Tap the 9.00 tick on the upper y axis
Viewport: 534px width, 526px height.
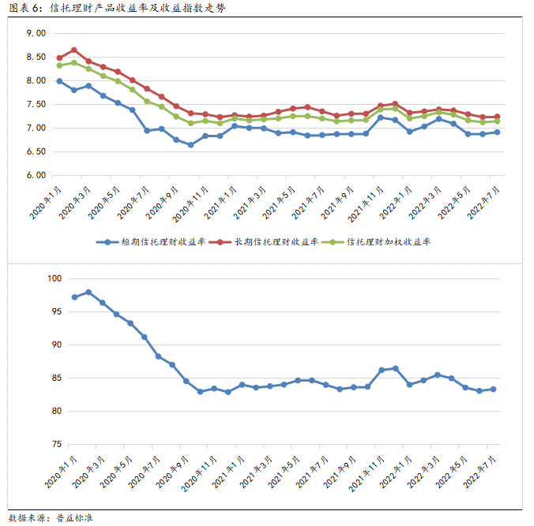(x=36, y=34)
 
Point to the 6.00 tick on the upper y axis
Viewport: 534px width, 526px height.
(x=36, y=175)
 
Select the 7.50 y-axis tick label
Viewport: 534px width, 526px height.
(x=36, y=104)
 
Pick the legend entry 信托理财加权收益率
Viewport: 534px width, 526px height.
(x=388, y=243)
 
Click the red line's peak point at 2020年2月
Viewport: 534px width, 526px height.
(x=73, y=50)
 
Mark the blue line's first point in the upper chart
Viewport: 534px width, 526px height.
(x=59, y=80)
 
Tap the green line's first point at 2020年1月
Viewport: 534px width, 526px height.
(x=59, y=65)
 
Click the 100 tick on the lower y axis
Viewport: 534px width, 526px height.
(x=53, y=278)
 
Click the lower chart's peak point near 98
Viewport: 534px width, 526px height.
(x=88, y=292)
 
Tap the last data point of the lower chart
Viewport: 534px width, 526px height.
(x=494, y=389)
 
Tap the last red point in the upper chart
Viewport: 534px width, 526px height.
(x=497, y=117)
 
